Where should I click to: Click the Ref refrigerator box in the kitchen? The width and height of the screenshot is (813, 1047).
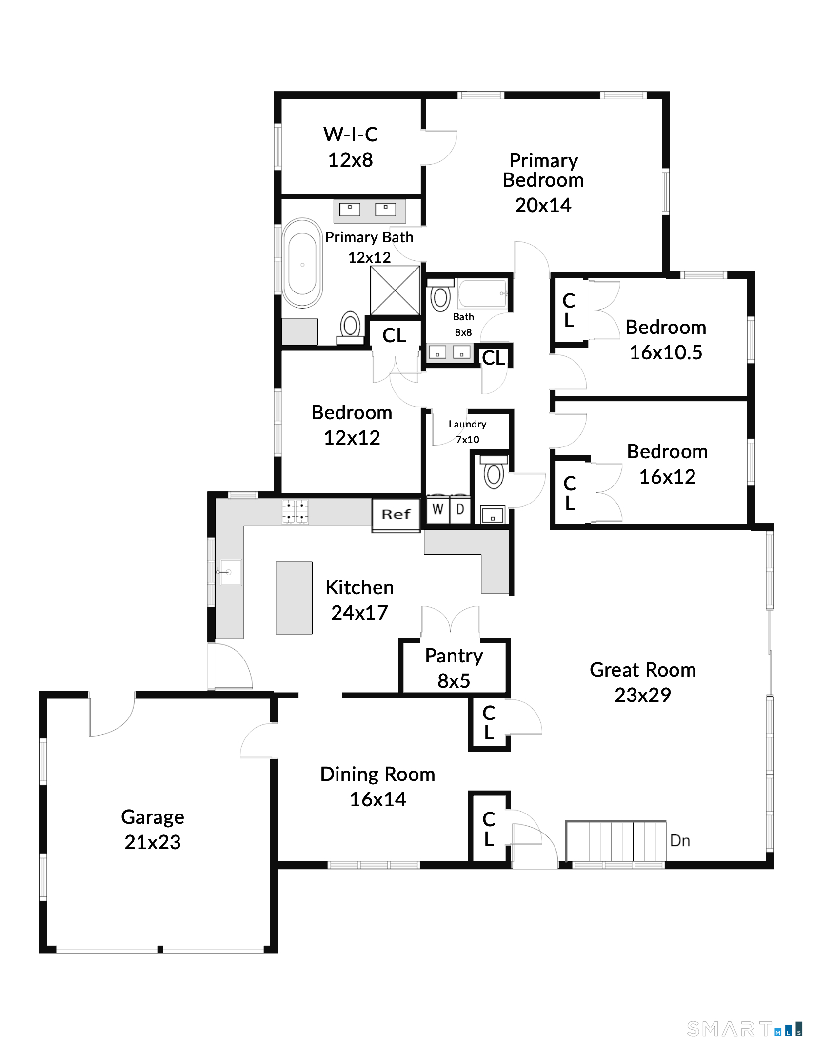[396, 515]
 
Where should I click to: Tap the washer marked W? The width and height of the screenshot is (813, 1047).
[438, 509]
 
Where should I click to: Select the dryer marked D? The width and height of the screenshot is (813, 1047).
[460, 509]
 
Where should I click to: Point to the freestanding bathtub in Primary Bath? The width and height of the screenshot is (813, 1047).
[302, 263]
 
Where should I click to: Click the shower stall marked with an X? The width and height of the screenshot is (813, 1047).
[395, 290]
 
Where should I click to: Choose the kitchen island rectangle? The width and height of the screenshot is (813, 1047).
[294, 598]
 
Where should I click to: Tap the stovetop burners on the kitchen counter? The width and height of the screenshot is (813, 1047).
[295, 512]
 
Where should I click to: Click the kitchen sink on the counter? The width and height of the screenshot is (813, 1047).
[229, 572]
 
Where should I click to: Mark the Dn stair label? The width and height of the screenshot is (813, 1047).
[680, 841]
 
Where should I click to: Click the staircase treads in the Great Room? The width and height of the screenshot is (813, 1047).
[616, 841]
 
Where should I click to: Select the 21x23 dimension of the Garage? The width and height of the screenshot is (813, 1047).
[153, 842]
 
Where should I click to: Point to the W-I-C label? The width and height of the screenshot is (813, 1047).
[351, 135]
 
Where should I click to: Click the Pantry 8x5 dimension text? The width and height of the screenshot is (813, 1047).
[454, 681]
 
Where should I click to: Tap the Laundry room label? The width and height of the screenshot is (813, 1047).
[467, 424]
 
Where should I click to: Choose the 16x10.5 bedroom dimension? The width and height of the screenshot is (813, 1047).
[666, 352]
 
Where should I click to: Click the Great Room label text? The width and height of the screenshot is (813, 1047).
[643, 670]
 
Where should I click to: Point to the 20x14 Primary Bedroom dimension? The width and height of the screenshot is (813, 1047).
[543, 205]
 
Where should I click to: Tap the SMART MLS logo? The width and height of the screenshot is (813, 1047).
[744, 1029]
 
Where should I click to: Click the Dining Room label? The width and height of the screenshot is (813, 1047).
[377, 774]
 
